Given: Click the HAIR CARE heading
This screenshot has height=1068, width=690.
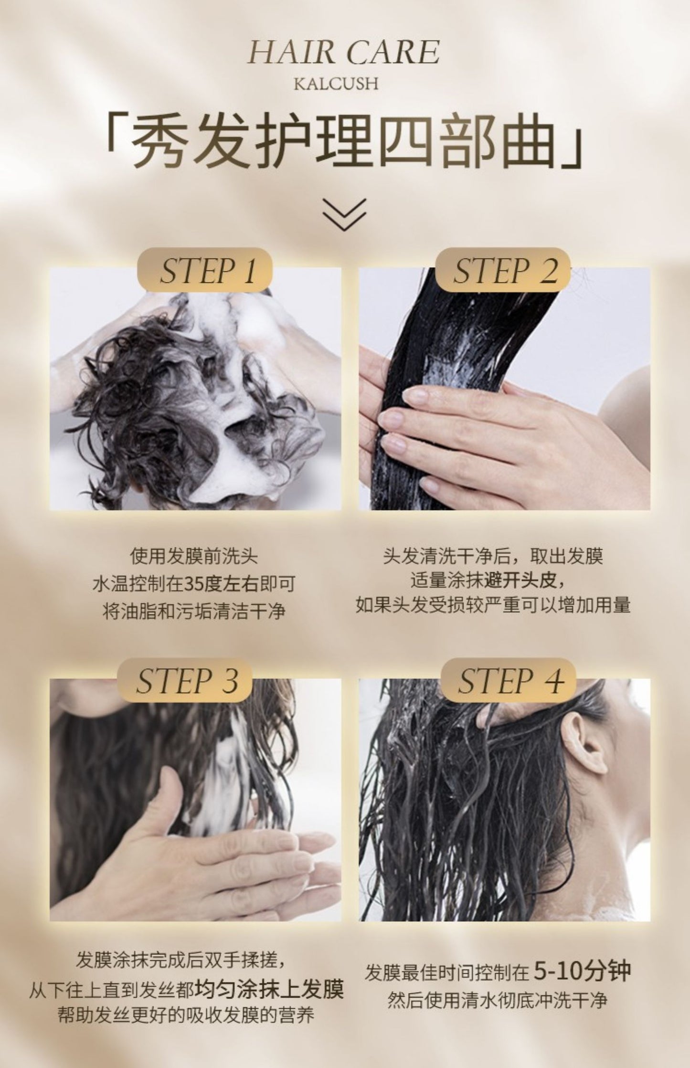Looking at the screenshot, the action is pos(344,52).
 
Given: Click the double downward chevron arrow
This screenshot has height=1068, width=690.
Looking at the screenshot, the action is pos(345,214).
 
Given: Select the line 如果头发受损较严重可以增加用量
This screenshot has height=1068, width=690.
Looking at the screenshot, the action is pos(493,605).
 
